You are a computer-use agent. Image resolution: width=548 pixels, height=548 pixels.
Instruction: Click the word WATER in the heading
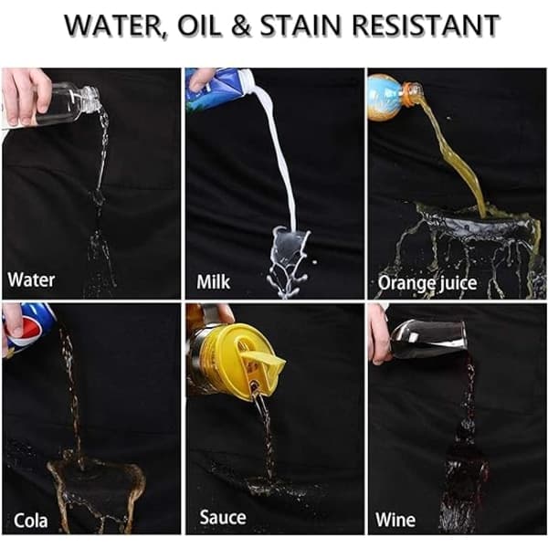[x=116, y=26]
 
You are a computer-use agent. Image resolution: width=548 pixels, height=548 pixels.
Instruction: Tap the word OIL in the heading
[x=199, y=26]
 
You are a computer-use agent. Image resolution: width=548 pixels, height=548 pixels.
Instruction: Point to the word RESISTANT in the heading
[x=426, y=26]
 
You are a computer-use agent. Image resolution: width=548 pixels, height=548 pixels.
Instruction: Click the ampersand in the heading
[x=241, y=26]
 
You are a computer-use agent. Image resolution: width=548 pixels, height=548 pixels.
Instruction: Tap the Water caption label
[x=31, y=280]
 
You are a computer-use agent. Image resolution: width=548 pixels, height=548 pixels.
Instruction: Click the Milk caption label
[x=213, y=281]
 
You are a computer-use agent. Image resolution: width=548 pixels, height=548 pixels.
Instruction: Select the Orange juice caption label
[x=427, y=283]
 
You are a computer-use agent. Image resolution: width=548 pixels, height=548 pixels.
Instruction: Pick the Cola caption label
[x=31, y=521]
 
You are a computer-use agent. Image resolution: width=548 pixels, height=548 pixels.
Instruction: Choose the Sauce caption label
[x=223, y=517]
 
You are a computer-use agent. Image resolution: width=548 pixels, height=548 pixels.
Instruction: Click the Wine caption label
[x=395, y=520]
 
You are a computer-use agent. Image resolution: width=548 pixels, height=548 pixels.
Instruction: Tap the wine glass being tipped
[x=429, y=339]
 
